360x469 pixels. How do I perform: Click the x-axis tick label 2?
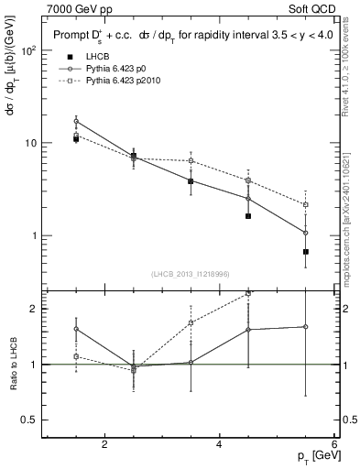tap(104, 444)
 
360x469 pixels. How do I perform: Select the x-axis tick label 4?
tap(219, 444)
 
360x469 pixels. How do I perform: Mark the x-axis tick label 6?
tap(333, 444)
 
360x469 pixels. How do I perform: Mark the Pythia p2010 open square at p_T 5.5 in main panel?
tap(306, 204)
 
